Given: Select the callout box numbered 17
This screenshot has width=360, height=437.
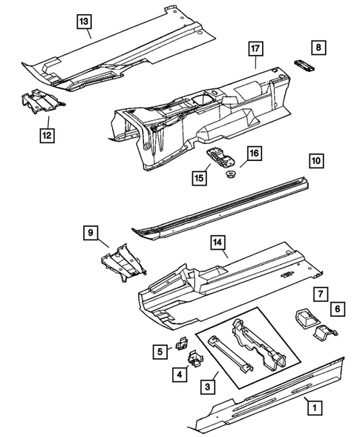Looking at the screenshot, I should pos(255,50).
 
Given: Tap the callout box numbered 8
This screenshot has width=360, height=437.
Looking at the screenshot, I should pos(318,47).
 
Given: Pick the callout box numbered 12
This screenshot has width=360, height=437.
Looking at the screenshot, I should pos(47,134).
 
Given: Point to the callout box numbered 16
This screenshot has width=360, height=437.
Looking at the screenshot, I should pos(254,154).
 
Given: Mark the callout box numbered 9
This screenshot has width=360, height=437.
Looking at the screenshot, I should pos(91,234).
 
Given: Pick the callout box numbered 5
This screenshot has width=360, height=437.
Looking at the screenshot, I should pos(160,352).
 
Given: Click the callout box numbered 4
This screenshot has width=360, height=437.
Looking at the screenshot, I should pos(179,375).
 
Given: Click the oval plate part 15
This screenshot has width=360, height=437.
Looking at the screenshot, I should pos(217,157).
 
